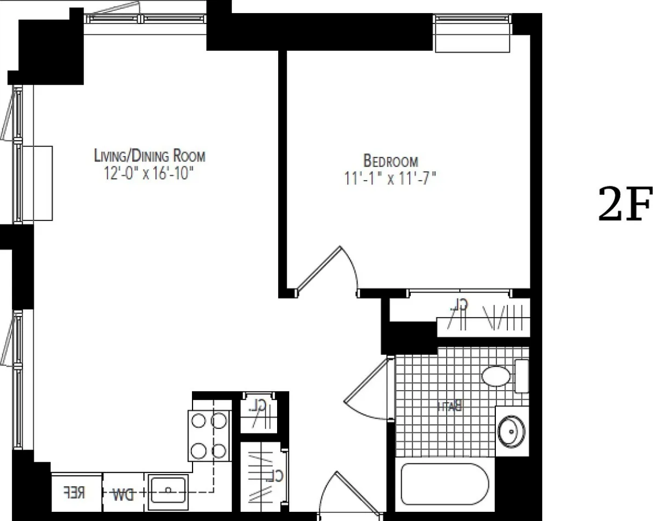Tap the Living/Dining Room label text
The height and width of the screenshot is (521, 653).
150,155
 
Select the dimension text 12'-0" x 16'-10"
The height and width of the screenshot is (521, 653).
150,173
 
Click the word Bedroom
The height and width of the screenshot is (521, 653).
391,161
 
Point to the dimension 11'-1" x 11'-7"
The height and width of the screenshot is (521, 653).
390,179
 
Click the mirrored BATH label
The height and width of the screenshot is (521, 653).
450,407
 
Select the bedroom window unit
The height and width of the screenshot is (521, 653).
472,33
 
